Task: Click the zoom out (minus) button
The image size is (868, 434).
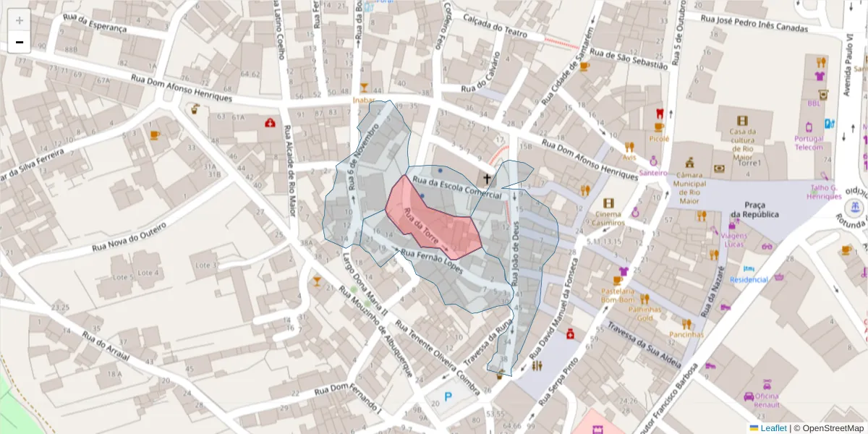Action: (19, 42)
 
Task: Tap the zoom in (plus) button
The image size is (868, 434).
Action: (19, 20)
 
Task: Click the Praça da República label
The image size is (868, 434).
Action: (754, 210)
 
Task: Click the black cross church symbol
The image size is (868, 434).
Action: (487, 178)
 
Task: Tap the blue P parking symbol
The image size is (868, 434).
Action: (448, 396)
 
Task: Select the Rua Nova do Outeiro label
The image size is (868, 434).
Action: (129, 237)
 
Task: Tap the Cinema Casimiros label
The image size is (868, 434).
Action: (608, 218)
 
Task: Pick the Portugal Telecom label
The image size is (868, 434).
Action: (809, 142)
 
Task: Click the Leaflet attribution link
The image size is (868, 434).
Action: (773, 428)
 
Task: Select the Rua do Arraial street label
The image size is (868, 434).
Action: (105, 347)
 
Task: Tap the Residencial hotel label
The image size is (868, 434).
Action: (749, 279)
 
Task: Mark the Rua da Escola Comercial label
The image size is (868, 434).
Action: (456, 186)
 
